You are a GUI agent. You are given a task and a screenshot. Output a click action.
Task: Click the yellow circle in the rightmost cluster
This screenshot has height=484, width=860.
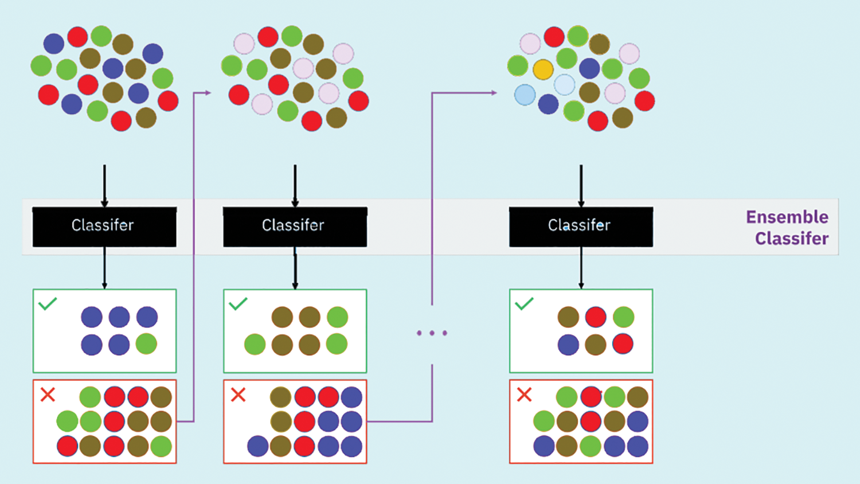click(x=542, y=69)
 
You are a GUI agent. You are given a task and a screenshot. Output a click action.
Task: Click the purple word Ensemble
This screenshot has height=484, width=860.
click(x=787, y=217)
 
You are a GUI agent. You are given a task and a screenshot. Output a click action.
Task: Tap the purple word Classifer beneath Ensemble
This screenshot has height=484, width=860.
click(x=791, y=239)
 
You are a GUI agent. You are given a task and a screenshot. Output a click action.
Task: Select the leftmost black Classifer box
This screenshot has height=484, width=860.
click(x=104, y=227)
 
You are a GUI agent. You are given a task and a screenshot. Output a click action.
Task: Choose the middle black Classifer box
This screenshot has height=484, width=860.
click(x=295, y=227)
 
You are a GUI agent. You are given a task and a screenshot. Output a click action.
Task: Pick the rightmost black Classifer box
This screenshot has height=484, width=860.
click(x=581, y=227)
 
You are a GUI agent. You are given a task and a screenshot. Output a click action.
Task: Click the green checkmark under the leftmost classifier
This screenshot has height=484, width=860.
click(x=48, y=303)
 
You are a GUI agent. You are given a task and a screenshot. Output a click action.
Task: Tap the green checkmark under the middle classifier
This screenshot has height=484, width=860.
click(x=238, y=303)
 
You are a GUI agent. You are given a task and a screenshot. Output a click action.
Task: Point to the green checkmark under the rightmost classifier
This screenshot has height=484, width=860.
click(x=524, y=303)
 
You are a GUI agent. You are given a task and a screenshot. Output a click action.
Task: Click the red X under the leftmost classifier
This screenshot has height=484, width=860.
click(x=48, y=395)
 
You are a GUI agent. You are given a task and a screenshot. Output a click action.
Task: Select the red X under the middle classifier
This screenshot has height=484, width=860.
click(x=238, y=395)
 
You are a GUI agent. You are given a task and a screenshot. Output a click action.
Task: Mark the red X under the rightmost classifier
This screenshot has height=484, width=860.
click(x=524, y=395)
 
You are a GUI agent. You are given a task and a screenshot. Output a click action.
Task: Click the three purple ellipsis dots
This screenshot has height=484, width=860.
click(x=432, y=333)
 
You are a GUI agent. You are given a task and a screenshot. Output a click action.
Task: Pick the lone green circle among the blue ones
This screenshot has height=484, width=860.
click(x=146, y=344)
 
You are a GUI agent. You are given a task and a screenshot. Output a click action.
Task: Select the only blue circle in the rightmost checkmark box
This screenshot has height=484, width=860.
click(x=568, y=345)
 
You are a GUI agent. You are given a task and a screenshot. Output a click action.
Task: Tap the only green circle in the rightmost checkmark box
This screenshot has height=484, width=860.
click(x=623, y=317)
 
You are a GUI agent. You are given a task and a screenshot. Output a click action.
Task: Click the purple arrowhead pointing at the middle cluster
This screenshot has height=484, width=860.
click(x=207, y=92)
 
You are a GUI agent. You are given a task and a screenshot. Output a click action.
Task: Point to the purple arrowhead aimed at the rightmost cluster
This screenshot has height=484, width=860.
click(x=493, y=92)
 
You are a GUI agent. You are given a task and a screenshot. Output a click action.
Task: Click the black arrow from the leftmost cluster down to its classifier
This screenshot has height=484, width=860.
click(x=104, y=185)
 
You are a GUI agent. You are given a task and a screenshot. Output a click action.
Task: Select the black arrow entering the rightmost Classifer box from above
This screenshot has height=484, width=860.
click(x=581, y=185)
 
